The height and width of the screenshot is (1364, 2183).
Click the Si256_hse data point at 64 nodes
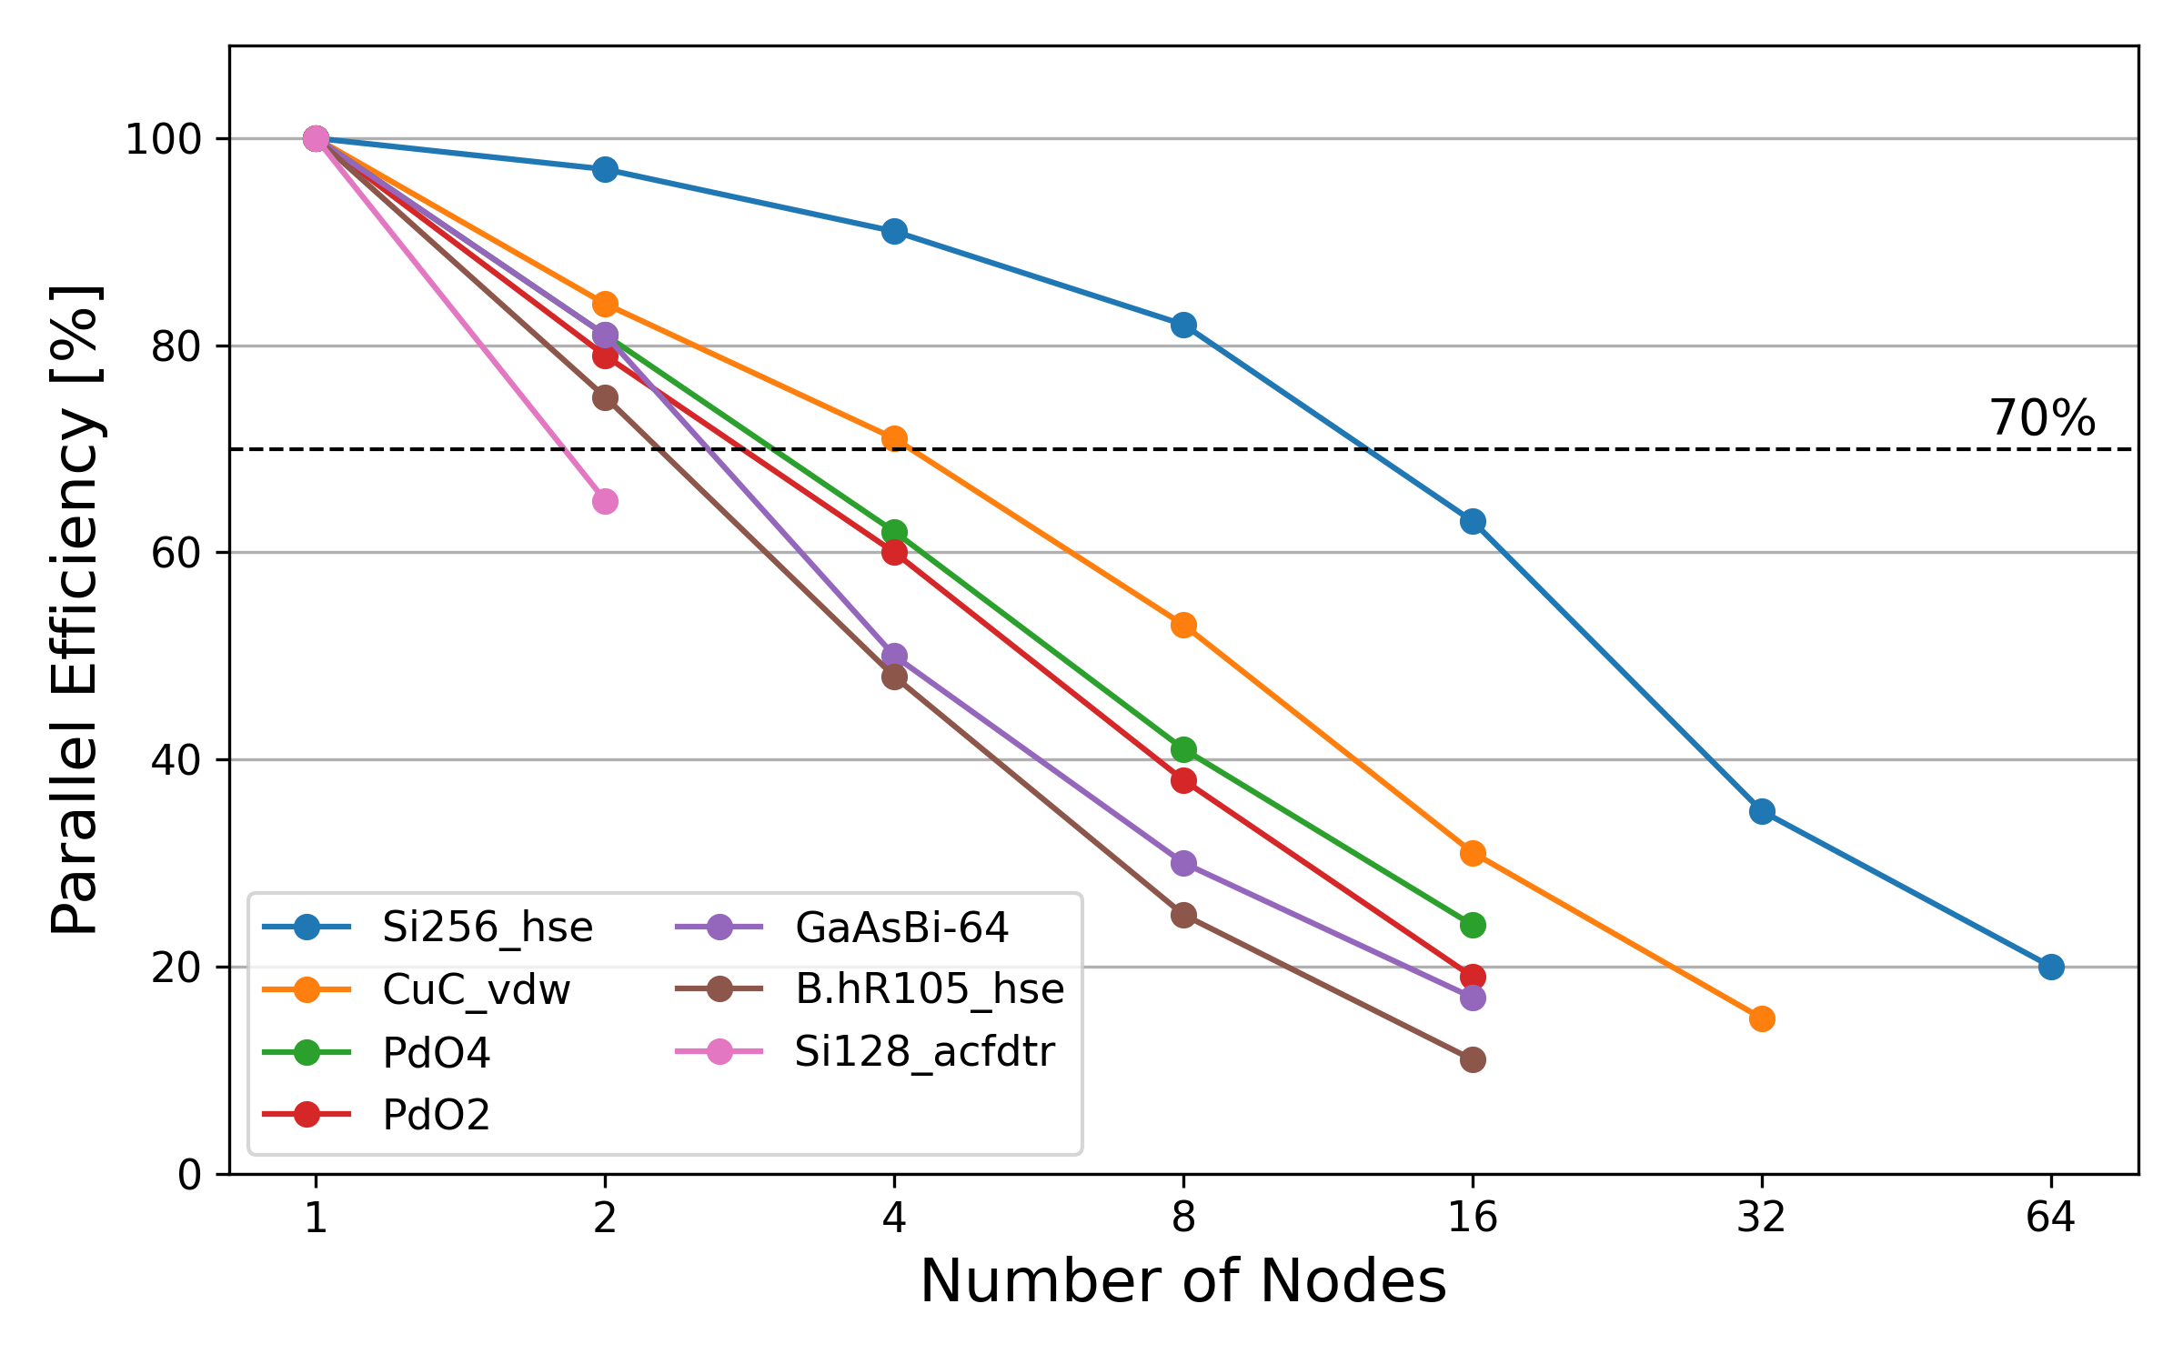[x=2051, y=967]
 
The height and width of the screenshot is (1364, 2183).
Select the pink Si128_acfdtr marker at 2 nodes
[x=605, y=501]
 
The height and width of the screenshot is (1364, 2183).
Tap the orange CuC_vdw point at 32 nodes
[x=1762, y=1018]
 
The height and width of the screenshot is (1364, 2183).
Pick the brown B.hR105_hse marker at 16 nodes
[x=1473, y=1059]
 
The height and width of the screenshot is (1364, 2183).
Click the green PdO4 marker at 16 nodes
[x=1473, y=925]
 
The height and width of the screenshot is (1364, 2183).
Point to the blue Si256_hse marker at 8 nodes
[x=1183, y=325]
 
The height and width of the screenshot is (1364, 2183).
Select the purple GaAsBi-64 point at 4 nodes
[x=894, y=656]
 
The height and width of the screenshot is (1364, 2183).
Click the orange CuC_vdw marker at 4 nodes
[x=894, y=438]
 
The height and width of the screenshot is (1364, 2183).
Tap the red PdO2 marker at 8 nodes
[x=1183, y=780]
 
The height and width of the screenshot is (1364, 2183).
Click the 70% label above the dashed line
[x=2042, y=418]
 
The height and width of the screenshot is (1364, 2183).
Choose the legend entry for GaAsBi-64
[x=900, y=928]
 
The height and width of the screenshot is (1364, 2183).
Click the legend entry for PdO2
[x=436, y=1115]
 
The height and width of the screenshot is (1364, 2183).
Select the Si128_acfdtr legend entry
[x=923, y=1052]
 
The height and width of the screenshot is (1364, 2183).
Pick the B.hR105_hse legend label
[x=929, y=989]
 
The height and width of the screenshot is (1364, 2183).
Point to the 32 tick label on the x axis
[x=1762, y=1217]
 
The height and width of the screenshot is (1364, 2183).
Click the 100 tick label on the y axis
[x=163, y=140]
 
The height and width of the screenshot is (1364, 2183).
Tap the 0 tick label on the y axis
[x=189, y=1176]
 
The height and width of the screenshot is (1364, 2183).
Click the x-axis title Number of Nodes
[x=1182, y=1282]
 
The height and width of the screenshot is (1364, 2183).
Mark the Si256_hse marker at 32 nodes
[x=1762, y=811]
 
